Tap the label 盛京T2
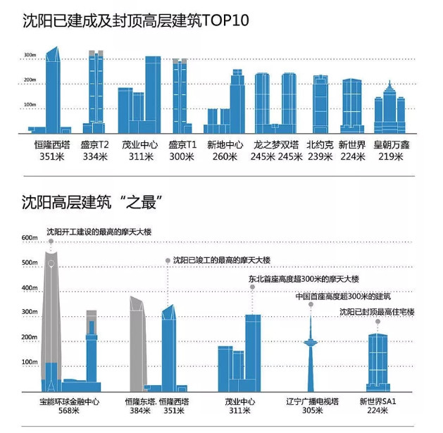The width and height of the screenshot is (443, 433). [94, 145]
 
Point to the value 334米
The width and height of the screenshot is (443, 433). [94, 157]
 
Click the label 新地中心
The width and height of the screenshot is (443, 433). [225, 145]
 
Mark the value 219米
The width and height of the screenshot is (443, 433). [391, 157]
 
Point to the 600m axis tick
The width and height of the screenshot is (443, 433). [29, 238]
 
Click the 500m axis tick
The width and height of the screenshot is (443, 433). [29, 263]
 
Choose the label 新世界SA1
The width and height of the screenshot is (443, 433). [378, 401]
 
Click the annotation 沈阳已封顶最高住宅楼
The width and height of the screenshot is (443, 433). [377, 311]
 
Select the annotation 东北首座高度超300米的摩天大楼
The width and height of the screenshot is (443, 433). [303, 280]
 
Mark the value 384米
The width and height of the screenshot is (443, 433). [137, 412]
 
